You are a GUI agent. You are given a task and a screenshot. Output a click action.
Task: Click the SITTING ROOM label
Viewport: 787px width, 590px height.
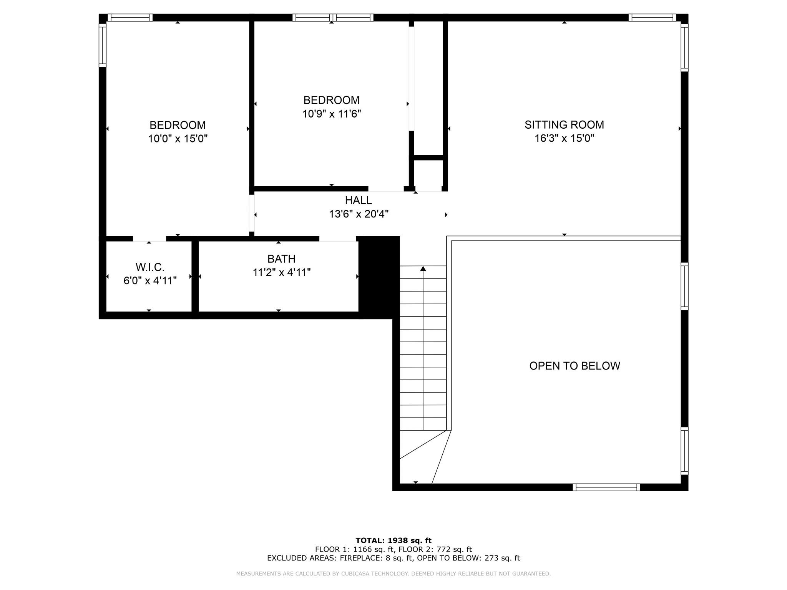(564, 125)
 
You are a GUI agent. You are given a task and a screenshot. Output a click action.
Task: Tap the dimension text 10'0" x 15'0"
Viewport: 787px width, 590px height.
(178, 139)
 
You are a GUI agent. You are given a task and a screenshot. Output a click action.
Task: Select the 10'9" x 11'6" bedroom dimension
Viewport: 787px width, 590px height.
(331, 114)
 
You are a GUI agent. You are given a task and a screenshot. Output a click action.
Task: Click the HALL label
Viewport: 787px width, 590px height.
(358, 200)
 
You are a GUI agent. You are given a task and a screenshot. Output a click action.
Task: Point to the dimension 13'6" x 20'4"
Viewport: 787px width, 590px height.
(359, 214)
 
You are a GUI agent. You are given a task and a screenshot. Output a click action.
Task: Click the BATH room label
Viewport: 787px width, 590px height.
(281, 259)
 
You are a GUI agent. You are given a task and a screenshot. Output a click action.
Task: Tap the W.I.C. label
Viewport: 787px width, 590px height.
(150, 267)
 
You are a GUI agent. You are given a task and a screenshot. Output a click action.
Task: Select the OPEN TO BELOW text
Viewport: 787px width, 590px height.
(574, 366)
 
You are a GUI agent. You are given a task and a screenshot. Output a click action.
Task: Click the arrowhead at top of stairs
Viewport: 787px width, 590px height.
(423, 268)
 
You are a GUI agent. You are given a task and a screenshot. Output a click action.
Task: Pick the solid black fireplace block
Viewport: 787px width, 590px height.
(379, 277)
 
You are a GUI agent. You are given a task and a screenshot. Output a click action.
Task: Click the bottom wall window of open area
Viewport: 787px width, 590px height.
(606, 487)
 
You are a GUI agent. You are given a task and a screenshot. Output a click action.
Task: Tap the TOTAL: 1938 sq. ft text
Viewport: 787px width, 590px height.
(393, 540)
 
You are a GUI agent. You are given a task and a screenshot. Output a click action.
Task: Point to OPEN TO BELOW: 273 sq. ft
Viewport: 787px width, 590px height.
(468, 558)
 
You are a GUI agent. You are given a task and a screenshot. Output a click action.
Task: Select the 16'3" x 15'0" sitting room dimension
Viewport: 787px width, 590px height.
(564, 138)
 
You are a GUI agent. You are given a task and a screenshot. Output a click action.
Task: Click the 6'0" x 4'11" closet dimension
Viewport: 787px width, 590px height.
(150, 281)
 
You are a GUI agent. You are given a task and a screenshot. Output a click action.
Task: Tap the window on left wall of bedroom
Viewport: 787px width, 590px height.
(102, 45)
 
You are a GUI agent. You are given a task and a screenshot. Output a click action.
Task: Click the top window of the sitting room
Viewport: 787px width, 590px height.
(652, 17)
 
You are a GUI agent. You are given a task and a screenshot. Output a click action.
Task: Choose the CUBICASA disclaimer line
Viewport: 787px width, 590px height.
(393, 573)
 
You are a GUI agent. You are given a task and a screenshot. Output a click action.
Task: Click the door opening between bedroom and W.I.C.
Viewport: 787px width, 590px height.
(149, 239)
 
